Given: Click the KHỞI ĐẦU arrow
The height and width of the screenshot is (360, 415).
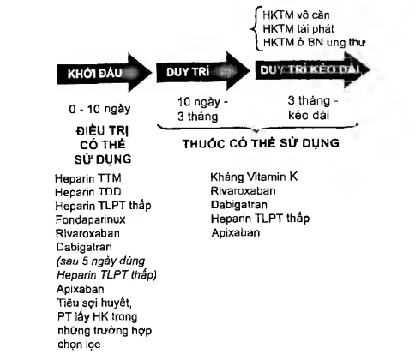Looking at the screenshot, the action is [105, 73].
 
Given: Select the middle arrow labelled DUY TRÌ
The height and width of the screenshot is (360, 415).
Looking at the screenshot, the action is [203, 71].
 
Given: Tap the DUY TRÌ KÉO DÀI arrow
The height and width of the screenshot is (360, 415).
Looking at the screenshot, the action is [312, 70].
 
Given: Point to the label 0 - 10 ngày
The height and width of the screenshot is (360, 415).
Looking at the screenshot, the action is [99, 109].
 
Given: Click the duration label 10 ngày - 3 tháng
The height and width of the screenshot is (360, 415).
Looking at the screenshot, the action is [202, 110].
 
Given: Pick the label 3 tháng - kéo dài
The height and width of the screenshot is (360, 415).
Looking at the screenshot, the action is [313, 108].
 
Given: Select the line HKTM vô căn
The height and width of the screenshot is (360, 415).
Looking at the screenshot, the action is [296, 15].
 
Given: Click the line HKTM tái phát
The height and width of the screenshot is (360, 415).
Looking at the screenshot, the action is [298, 29].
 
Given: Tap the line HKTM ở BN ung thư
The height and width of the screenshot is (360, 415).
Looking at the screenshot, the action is [314, 43].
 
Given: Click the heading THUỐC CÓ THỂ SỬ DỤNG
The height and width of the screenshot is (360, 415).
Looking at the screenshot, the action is [261, 143].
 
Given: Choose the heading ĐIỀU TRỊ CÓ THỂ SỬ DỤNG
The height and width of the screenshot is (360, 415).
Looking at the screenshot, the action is [103, 145].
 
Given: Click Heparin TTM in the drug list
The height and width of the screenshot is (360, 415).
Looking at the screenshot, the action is [88, 178].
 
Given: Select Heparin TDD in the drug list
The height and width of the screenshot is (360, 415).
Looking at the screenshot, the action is [88, 192].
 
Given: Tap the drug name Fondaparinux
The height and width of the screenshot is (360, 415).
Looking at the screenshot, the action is [90, 219].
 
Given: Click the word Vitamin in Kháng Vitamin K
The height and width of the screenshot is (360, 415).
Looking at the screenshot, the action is [266, 177].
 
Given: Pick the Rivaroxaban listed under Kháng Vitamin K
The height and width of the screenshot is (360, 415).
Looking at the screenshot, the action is [243, 191].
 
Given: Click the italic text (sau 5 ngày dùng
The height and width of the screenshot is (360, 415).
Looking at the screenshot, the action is [100, 261].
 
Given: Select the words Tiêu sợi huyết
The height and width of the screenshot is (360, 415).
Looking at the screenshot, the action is [94, 303].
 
